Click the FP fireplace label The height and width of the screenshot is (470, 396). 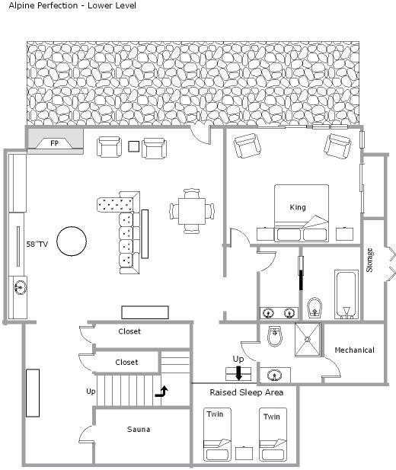coord(54,143)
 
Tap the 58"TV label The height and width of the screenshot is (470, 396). coord(37,244)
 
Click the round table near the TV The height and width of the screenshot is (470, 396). coord(72,241)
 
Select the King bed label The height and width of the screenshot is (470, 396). coord(298,207)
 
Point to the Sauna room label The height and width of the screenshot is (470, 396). coord(139,429)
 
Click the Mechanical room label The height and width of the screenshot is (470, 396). coord(354,350)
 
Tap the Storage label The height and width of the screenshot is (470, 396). coord(369,261)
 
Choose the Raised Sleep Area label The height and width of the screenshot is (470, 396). coord(247,392)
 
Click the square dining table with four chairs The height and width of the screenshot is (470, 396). coord(192,211)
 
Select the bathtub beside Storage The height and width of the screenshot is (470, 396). coord(346,294)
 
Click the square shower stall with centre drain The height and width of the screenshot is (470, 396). coord(308,339)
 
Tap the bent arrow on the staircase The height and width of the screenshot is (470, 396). coord(161,392)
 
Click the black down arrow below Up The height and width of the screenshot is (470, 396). coord(238,373)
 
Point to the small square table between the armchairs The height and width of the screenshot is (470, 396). coord(134,146)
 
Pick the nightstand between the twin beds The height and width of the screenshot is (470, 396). coord(244,453)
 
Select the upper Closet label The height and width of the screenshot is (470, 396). coord(129,331)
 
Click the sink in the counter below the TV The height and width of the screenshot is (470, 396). coord(20,288)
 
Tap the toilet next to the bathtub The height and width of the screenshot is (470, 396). coord(315,307)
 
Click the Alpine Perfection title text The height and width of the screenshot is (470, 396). coord(72,5)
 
